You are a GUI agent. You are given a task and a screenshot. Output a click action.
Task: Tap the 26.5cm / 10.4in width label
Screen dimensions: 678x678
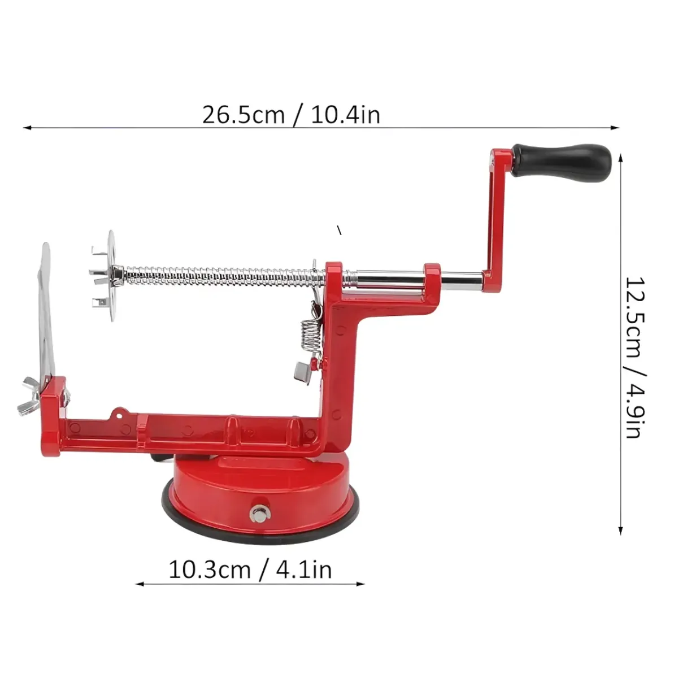pos(291,115)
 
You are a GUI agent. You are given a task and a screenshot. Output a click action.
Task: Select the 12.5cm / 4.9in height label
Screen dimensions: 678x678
pos(636,357)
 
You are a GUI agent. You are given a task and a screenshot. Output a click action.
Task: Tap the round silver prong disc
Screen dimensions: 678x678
pos(111,276)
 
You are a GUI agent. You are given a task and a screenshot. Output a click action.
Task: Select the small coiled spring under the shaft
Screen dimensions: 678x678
pos(311,334)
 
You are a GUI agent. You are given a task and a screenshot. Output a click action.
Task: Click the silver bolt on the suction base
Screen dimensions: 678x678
pos(259,514)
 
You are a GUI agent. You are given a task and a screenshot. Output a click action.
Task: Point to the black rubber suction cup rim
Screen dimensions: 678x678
pos(260,528)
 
